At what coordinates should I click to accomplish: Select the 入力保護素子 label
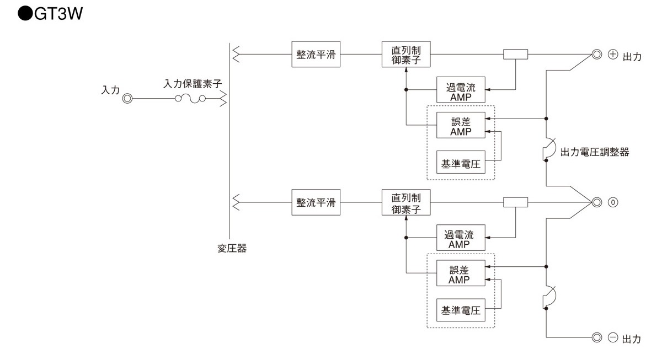[193, 84]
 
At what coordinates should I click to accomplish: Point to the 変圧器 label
[231, 248]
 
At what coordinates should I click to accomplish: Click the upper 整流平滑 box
[316, 55]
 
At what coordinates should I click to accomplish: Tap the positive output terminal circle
[596, 55]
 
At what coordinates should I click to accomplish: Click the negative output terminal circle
[596, 337]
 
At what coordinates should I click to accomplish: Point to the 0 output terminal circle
[596, 202]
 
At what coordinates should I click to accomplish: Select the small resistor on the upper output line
[516, 55]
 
